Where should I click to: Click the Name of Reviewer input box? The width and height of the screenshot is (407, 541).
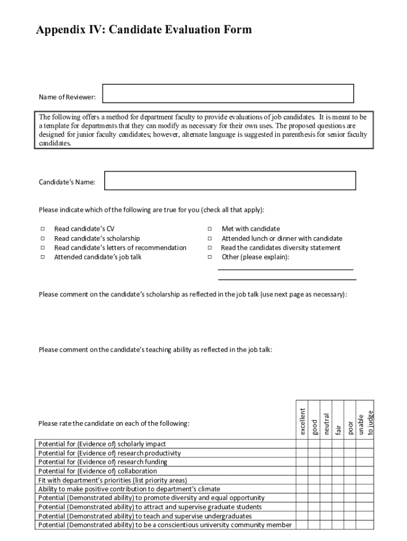point(228,94)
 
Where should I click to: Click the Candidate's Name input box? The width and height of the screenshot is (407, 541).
point(230,180)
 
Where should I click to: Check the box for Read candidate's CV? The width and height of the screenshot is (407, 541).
point(42,229)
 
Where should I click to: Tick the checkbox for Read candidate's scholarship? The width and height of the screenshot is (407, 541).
point(42,239)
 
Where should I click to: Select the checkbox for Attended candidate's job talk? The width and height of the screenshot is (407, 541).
point(42,257)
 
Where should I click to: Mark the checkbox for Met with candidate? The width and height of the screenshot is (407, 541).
point(210,229)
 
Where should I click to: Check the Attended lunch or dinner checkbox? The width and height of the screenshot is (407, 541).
point(210,239)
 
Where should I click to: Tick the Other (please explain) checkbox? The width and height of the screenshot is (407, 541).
point(210,257)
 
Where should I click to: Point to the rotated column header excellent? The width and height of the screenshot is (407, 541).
point(302,421)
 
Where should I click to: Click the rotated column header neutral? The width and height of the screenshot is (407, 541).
point(327,424)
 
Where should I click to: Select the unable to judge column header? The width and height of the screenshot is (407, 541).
point(365,423)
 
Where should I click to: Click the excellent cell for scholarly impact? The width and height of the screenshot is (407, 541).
point(302,444)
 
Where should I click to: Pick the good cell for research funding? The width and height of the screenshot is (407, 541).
point(314,462)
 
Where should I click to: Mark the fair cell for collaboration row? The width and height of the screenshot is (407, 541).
point(338,471)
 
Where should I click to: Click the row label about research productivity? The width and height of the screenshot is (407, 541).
point(109,453)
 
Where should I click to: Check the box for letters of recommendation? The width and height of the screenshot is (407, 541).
point(42,248)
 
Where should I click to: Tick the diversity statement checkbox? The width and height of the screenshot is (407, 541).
point(210,248)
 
